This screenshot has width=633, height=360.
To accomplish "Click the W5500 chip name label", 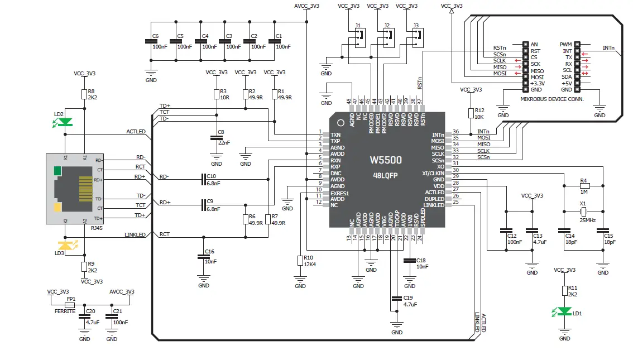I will pyautogui.click(x=386, y=160).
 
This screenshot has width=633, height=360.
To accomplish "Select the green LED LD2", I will pyautogui.click(x=66, y=122).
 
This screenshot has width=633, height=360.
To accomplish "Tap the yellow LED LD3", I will pyautogui.click(x=66, y=245).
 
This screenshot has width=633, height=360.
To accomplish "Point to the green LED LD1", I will pyautogui.click(x=565, y=311).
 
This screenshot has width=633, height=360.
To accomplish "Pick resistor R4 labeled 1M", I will pyautogui.click(x=583, y=185).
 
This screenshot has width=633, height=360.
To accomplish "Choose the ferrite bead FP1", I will pyautogui.click(x=71, y=305).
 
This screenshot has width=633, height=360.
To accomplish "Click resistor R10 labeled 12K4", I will pyautogui.click(x=300, y=260).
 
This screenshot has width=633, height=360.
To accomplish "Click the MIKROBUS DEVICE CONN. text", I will pyautogui.click(x=552, y=99).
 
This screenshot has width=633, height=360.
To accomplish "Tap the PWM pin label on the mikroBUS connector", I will pyautogui.click(x=565, y=44).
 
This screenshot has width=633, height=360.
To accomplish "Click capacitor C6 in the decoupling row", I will pyautogui.click(x=150, y=41).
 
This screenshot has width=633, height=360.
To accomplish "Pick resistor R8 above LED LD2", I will pyautogui.click(x=84, y=94).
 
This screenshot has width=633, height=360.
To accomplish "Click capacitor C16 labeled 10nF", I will pyautogui.click(x=204, y=257).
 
